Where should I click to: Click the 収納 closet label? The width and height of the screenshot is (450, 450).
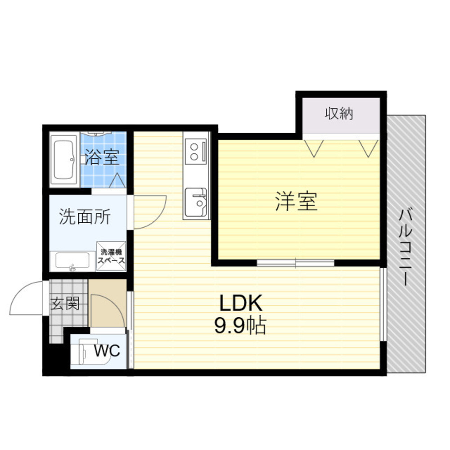point(339,114)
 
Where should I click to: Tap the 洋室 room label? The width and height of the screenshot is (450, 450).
point(297,202)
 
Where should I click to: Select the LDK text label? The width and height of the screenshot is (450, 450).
point(240,305)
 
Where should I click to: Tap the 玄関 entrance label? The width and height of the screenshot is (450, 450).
point(65,304)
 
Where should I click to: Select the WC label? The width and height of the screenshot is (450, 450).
point(107,351)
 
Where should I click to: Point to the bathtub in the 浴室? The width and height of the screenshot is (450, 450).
point(64,160)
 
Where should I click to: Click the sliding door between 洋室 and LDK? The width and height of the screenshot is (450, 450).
point(296,263)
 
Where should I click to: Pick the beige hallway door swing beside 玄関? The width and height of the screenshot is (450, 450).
point(107,310)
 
